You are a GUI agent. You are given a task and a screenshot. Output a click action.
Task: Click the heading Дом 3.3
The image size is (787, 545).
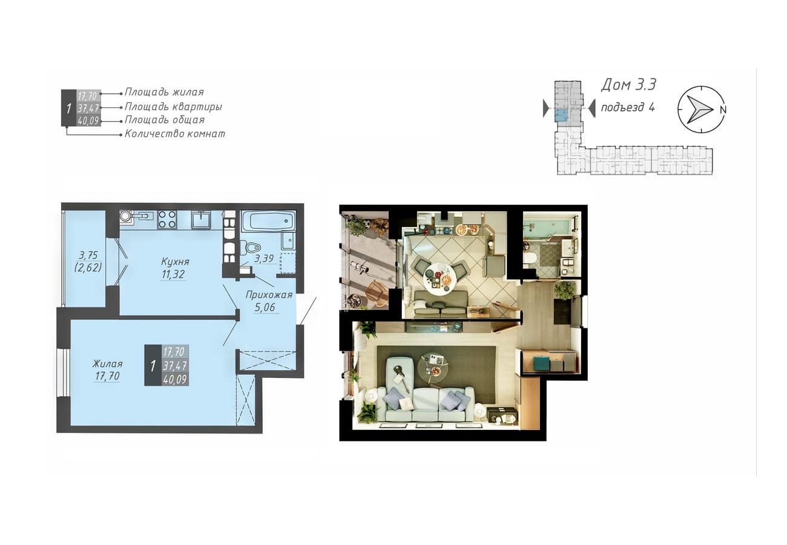(x=628, y=85)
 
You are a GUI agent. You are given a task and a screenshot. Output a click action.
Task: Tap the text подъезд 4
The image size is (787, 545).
(x=628, y=107)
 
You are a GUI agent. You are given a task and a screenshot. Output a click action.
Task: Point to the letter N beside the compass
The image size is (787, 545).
(x=723, y=110)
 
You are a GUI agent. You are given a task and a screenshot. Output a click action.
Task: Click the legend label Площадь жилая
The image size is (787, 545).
(x=164, y=92)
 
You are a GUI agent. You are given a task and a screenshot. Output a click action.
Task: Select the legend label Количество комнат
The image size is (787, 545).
(x=175, y=134)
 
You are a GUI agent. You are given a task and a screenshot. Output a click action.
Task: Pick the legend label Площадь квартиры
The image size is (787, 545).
(x=173, y=107)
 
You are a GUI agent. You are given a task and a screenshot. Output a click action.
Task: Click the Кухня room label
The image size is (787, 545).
(x=175, y=262)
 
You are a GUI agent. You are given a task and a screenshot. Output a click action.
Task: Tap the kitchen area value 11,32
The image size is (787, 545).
(x=173, y=274)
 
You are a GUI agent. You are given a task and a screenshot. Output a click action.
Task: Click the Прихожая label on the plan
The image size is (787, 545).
(x=269, y=294)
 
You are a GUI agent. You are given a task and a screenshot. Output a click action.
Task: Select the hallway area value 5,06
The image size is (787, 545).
(x=265, y=308)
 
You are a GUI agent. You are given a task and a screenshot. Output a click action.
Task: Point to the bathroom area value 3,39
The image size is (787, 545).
(x=264, y=259)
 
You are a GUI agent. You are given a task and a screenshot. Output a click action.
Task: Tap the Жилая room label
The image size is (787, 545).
(x=107, y=363)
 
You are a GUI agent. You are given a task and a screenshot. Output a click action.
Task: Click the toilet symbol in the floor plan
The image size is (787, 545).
(x=250, y=248)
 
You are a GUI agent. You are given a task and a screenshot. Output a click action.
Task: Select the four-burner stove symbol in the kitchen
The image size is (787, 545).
(x=167, y=220)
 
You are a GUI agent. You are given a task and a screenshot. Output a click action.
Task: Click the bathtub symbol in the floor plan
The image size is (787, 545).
(x=268, y=221)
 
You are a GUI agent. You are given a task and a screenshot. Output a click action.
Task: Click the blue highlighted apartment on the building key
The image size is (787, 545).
(x=561, y=115)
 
